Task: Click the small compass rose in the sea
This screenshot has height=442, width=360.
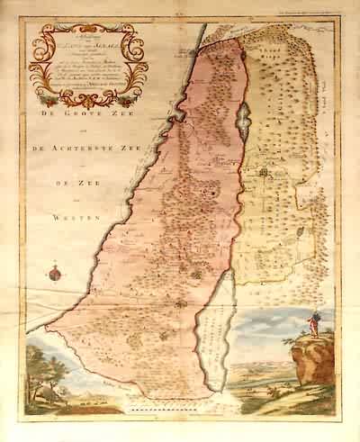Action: coord(52,272)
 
